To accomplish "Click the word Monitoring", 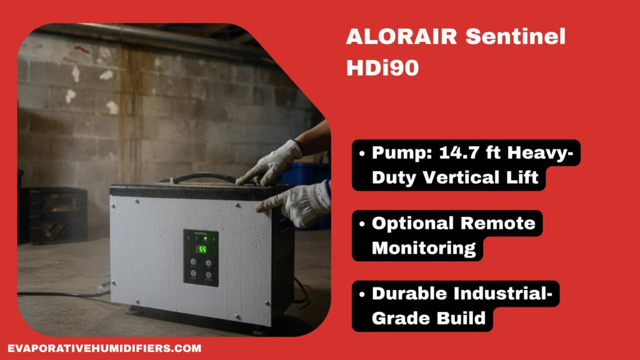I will point(424,248).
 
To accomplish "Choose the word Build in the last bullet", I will point(461,318).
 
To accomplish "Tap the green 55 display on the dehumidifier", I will point(202,249).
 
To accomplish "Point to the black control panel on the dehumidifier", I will point(201,257).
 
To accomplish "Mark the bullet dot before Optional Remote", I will point(363,224).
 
